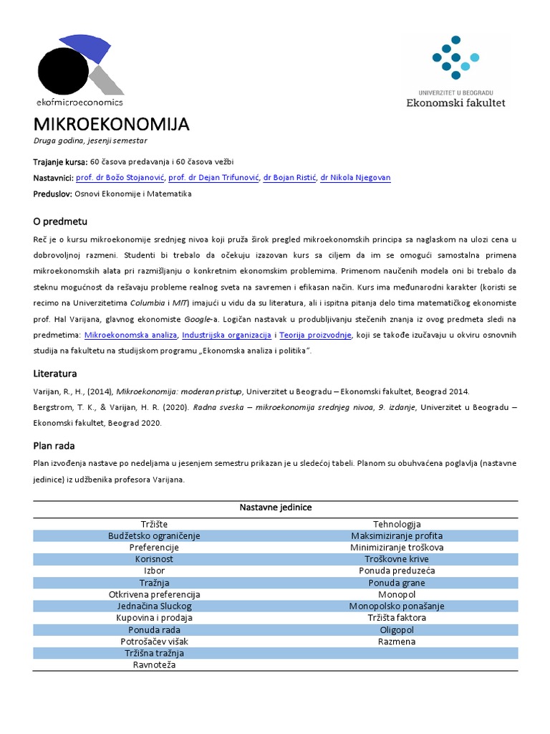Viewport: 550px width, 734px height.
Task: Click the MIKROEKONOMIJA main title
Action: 111,125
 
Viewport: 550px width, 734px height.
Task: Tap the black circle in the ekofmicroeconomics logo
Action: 57,71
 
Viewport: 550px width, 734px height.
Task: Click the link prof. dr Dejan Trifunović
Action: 213,178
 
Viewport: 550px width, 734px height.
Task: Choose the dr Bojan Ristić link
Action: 289,178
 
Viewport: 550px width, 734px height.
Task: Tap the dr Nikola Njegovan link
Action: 355,178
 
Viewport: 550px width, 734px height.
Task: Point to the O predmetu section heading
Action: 60,221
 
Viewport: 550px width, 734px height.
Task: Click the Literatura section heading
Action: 55,373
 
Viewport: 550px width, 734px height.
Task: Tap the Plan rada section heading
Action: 54,445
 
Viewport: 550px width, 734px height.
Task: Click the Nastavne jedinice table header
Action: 275,507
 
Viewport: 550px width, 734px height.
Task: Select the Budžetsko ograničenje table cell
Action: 154,536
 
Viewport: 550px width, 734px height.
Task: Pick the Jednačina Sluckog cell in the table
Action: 154,606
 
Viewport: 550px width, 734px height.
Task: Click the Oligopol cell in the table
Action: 397,629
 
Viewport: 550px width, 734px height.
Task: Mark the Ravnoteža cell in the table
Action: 154,664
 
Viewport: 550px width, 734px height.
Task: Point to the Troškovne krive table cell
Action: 397,559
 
